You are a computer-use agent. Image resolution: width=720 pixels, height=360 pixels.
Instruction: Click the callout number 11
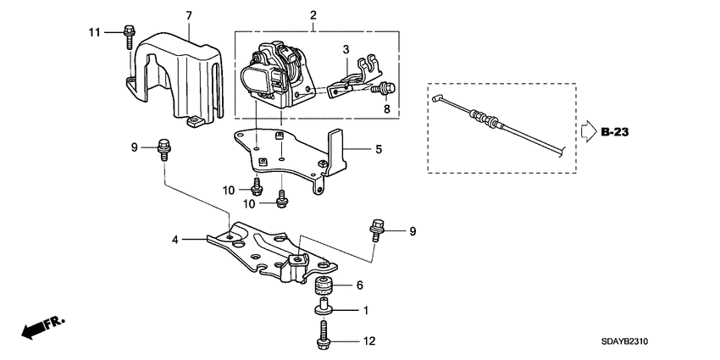[x=95, y=32]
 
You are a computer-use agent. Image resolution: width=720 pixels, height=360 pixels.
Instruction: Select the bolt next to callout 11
[x=127, y=35]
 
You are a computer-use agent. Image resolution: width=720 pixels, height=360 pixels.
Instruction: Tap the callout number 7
[x=189, y=15]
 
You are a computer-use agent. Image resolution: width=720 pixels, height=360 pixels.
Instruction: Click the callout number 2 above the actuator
[x=313, y=15]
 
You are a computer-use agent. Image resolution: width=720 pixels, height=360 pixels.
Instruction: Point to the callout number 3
[x=346, y=53]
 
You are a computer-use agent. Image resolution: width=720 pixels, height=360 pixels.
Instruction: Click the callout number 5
[x=378, y=149]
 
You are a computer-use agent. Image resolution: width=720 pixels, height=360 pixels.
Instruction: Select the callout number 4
[x=175, y=240]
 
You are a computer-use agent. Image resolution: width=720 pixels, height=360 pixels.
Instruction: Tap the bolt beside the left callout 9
[x=162, y=149]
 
